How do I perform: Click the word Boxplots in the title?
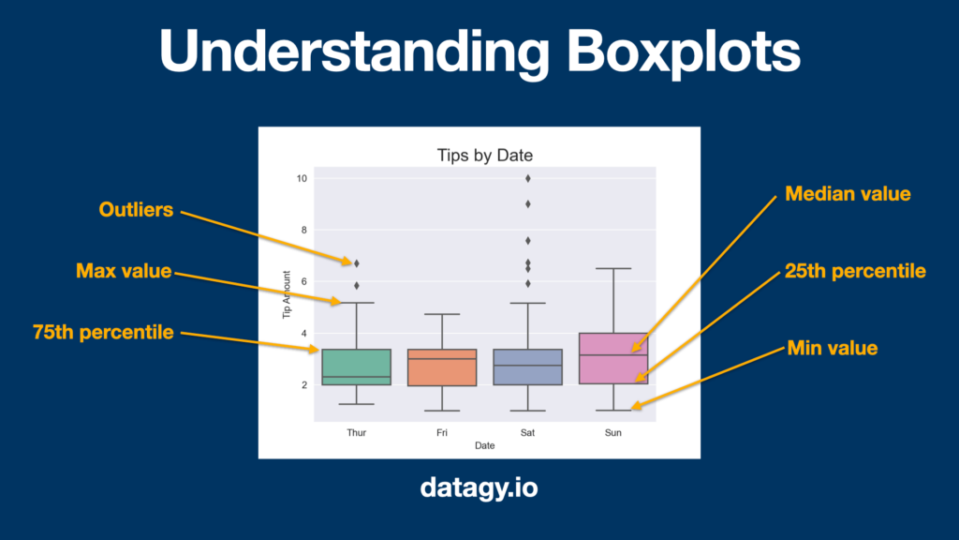(x=683, y=52)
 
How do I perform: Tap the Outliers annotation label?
(x=136, y=209)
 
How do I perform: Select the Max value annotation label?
(x=124, y=271)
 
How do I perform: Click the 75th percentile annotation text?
(x=103, y=333)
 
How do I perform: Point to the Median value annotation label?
(x=848, y=194)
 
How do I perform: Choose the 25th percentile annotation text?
(x=855, y=271)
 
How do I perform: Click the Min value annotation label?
(x=833, y=349)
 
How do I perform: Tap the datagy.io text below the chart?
(x=479, y=487)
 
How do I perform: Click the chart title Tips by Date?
(x=484, y=155)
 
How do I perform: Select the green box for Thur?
(x=357, y=367)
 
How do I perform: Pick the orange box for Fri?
(x=442, y=367)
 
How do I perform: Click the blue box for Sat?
(x=528, y=367)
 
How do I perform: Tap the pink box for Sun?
(x=613, y=359)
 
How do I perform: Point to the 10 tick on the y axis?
(x=302, y=178)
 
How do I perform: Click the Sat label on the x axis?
(x=527, y=432)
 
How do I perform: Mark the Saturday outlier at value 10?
(x=528, y=178)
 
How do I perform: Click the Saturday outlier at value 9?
(x=528, y=203)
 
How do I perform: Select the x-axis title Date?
(x=484, y=445)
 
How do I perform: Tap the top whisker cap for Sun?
(x=613, y=268)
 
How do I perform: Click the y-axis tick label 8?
(x=304, y=231)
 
